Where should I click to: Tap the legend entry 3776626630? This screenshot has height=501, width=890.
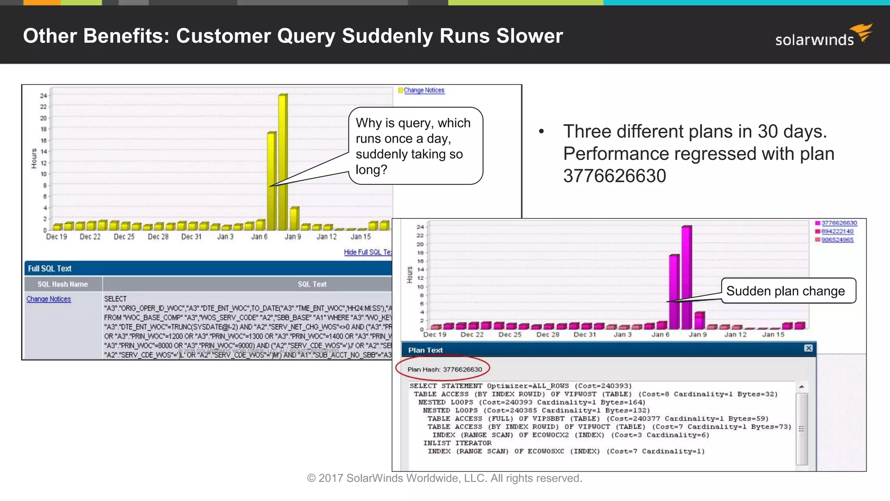(839, 223)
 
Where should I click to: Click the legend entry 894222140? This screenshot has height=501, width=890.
(837, 231)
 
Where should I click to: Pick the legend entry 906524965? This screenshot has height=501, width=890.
(837, 240)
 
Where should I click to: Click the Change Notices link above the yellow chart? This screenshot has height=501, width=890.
(424, 90)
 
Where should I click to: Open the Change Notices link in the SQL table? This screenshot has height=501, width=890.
(49, 299)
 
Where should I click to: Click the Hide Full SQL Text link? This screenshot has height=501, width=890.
(368, 252)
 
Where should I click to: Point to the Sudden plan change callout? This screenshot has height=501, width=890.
(786, 291)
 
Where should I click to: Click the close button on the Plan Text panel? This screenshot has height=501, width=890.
(808, 348)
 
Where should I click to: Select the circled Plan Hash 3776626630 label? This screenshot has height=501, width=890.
(445, 369)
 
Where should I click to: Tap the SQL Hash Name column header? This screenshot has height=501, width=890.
(63, 284)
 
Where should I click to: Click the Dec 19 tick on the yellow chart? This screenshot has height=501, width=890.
(56, 237)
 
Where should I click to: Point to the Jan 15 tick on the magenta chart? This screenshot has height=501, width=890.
(773, 334)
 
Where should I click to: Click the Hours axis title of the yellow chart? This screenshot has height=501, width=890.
(34, 158)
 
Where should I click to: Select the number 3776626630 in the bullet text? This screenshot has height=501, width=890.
(614, 176)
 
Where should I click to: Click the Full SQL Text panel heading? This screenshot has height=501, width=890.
(50, 268)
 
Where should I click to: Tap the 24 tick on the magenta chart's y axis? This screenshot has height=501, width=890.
(420, 227)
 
